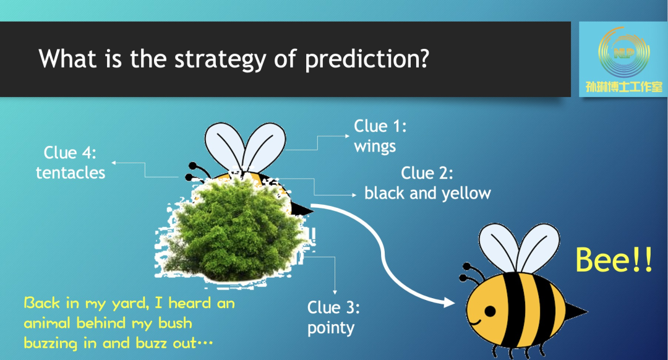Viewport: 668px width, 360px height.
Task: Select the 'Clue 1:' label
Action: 380,126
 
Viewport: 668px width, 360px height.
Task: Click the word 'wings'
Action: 375,147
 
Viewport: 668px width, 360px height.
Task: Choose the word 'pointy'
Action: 331,328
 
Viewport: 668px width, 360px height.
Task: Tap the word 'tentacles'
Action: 71,173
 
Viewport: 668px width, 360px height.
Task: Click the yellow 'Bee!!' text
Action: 614,260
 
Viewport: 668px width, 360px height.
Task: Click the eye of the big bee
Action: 490,311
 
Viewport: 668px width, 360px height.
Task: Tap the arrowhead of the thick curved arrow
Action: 449,302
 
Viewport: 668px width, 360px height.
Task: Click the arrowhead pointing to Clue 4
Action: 114,162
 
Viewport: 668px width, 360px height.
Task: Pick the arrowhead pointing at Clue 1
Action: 347,136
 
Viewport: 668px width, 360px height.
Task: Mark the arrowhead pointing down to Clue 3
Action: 335,292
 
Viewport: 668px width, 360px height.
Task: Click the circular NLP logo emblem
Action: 623,52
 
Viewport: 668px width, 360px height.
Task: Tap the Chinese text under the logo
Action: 623,87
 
